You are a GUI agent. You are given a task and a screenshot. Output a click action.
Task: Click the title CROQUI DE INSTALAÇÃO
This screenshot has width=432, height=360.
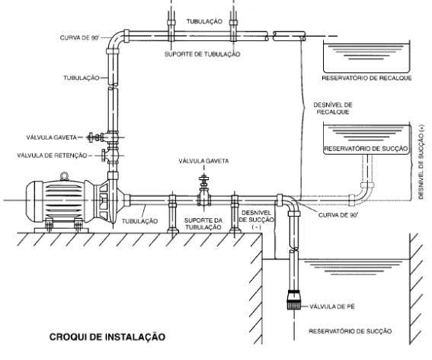pos(107,337)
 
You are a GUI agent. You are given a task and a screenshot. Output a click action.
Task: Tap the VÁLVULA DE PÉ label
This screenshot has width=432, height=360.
pos(331,307)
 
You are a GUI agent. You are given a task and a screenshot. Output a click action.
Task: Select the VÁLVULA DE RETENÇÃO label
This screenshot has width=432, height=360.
pos(52,156)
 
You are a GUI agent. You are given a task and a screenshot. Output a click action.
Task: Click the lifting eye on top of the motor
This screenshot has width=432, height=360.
pos(64,176)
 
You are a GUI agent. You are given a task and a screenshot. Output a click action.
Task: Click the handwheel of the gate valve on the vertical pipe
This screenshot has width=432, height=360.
pos(90,137)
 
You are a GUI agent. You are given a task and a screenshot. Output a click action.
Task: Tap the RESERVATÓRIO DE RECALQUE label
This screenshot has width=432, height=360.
pos(366,78)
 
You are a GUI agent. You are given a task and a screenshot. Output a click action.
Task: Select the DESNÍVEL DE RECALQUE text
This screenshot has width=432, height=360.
pos(333,108)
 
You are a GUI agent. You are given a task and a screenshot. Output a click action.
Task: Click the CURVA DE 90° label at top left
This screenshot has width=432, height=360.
pos(79,38)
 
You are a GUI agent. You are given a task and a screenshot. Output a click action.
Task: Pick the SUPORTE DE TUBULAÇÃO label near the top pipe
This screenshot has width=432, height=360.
pos(202,54)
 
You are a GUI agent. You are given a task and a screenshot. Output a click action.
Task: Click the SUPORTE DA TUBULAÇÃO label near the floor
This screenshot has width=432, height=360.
pos(203,223)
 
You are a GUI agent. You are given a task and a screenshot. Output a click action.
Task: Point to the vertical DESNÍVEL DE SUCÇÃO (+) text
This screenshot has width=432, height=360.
pos(421,162)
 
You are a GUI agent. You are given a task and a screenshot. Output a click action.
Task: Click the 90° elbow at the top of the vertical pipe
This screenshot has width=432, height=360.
pos(116,41)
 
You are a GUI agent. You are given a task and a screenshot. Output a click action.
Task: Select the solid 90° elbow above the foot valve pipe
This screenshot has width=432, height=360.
pos(290,204)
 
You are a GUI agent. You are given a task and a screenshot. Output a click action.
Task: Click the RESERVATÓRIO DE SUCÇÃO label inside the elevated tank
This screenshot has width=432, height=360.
pos(366,149)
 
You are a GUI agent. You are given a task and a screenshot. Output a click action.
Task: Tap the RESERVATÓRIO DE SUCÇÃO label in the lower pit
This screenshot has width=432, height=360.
pos(350,331)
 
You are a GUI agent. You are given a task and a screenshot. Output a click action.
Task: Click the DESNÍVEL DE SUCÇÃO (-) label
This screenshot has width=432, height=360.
pos(257,220)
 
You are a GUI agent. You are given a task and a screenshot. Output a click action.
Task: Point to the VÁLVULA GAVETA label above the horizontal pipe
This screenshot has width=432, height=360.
pos(203,161)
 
